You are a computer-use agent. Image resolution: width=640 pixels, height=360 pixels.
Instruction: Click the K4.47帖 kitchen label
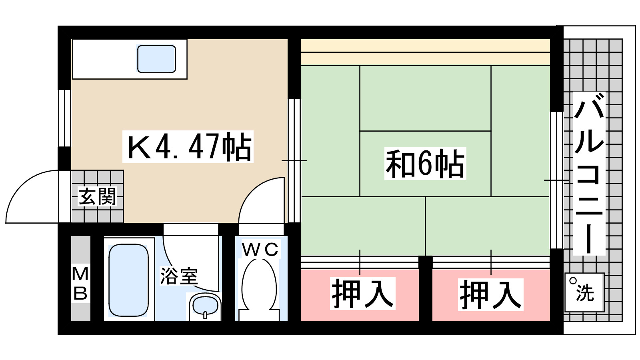coord(188,147)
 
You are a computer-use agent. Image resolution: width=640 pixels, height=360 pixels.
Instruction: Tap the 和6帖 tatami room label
coord(425,164)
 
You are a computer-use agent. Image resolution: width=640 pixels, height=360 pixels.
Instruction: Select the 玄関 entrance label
coord(97,197)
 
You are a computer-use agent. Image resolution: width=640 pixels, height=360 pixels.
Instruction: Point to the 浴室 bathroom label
coord(179,276)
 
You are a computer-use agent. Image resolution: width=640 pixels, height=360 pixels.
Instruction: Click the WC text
coord(260,250)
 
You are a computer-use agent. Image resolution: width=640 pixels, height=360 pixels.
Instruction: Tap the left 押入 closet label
coord(362,294)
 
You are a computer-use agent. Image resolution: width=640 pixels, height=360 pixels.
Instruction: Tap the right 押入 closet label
coord(490,295)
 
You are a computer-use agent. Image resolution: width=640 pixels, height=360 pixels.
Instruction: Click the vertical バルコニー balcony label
coord(589,174)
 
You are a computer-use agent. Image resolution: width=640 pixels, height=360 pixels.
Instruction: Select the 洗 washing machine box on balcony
coord(584,292)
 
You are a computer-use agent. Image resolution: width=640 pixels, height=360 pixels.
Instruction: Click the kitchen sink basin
coord(156,59)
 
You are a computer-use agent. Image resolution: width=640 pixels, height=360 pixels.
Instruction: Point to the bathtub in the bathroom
coord(128,280)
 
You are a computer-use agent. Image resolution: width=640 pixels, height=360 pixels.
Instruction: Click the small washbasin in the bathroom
coord(205,306)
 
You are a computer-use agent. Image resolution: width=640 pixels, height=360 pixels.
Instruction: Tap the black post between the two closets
coord(425,288)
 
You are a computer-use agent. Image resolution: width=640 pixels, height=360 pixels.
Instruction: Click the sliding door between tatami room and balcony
coord(556,180)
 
